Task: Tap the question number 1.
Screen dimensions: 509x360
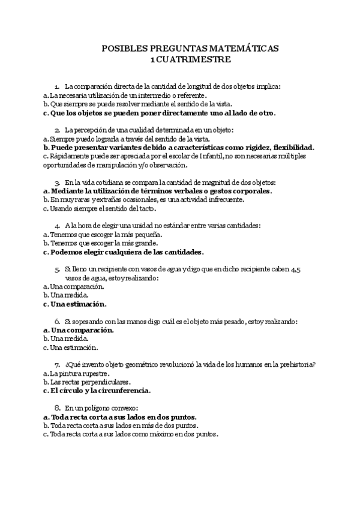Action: (56, 86)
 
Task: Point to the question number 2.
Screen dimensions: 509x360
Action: (56, 130)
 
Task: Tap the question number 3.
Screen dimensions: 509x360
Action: (56, 182)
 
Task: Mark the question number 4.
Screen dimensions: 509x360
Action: (56, 226)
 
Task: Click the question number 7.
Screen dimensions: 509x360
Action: (56, 365)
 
